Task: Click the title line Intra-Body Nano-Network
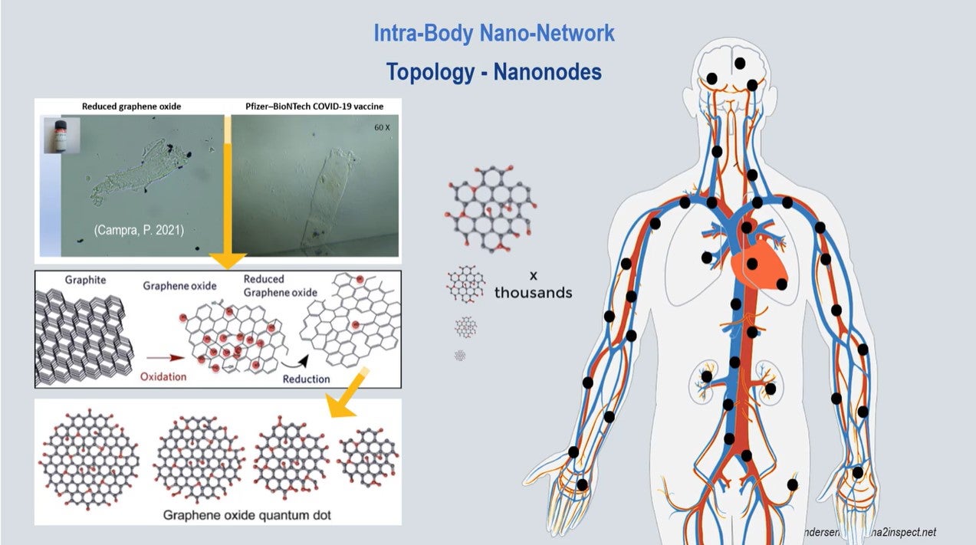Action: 494,34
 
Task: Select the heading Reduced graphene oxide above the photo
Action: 131,106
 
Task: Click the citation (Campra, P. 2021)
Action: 139,228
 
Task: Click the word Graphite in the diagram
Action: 84,281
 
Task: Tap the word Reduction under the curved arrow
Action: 306,379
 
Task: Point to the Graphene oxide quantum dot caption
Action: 247,515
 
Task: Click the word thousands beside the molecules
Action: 533,292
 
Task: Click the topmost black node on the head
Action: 740,63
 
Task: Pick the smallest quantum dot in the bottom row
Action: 369,458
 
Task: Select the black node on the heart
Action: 753,263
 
